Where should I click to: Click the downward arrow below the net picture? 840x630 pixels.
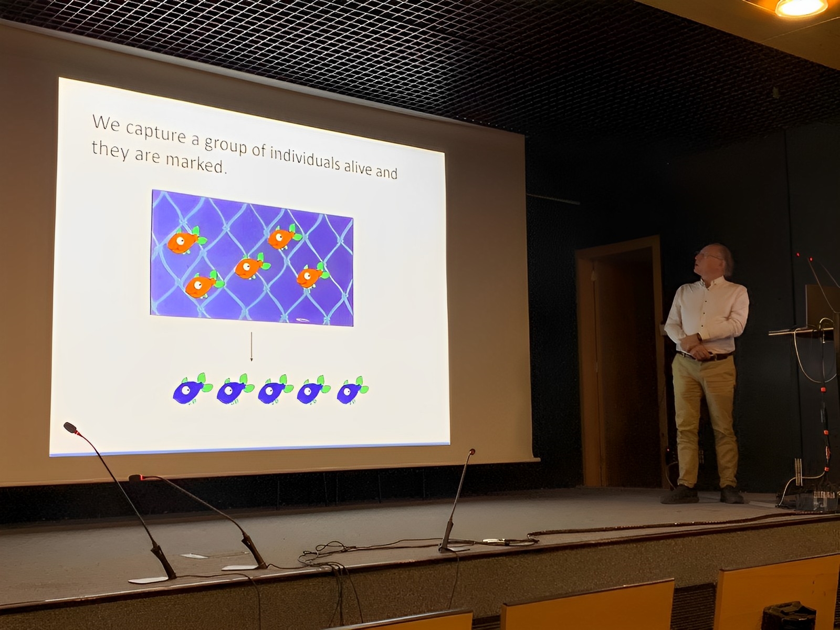pos(251,346)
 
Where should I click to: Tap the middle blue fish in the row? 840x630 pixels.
pos(275,390)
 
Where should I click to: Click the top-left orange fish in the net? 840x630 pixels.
pos(186,240)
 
